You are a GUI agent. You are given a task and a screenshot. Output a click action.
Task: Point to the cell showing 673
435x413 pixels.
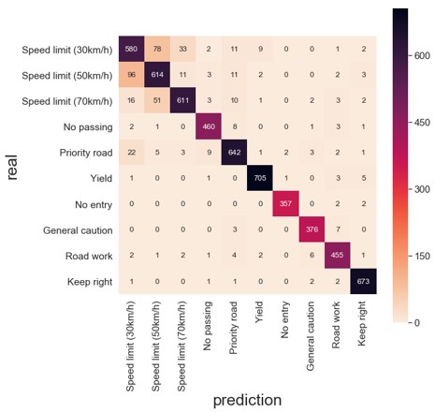pyautogui.click(x=363, y=281)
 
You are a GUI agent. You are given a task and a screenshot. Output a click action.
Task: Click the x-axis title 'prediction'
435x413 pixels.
pyautogui.click(x=247, y=400)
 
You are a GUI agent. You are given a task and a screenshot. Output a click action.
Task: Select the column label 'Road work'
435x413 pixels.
pyautogui.click(x=337, y=327)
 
